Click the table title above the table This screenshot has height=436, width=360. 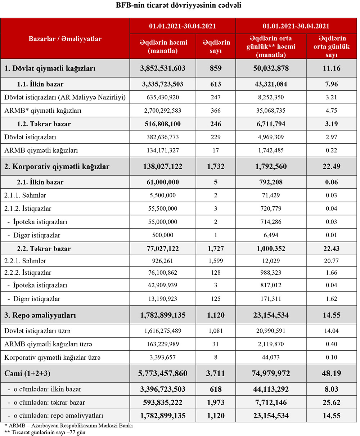[179, 5]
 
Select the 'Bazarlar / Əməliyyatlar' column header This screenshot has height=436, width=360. [65, 39]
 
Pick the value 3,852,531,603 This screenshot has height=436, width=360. [163, 68]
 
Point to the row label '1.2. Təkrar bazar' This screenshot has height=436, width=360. [44, 124]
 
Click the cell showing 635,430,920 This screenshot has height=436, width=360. [163, 97]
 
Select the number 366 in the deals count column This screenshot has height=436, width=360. [216, 111]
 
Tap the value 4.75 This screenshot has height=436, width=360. [332, 111]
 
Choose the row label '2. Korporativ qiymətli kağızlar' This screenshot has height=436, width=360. [57, 166]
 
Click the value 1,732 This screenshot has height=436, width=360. [216, 166]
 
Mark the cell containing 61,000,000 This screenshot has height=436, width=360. [163, 182]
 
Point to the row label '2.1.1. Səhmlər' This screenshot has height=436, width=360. [25, 195]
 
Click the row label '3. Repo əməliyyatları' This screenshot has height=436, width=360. [40, 315]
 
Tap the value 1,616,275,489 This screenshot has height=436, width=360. [163, 331]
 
